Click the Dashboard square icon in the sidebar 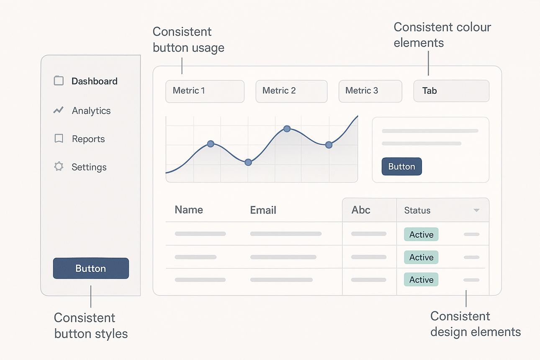coord(59,81)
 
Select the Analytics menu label coord(91,111)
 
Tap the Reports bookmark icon coord(59,139)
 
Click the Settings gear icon coord(59,166)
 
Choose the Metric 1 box coord(205,91)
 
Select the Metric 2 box coord(291,91)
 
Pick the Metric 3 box coord(370,91)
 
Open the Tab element coord(451,91)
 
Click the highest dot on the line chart coord(287,129)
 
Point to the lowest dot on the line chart coord(248,162)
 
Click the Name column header coord(189,210)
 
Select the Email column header coord(263,210)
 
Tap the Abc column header coord(361,210)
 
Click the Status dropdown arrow coord(476,210)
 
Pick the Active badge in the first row coord(421,234)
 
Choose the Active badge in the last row coord(421,280)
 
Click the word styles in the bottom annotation coord(111,334)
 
